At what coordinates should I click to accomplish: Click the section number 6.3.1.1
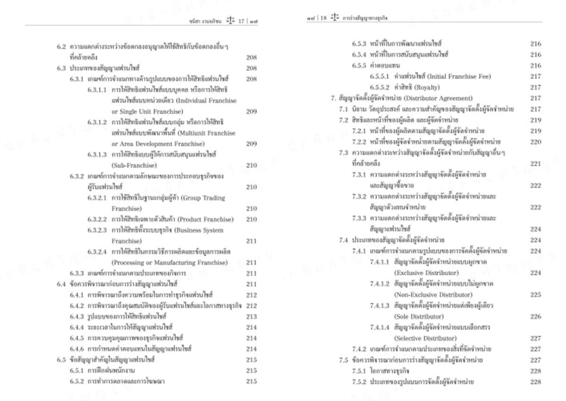(97, 90)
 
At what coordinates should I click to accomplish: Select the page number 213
(251, 317)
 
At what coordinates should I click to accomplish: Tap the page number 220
(535, 142)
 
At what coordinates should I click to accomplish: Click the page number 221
(535, 164)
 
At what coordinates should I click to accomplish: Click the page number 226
(535, 317)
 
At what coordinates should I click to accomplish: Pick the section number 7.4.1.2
(380, 284)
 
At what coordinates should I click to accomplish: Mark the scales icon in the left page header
(230, 21)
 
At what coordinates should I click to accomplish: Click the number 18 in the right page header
(323, 18)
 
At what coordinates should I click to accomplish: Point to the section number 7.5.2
(359, 382)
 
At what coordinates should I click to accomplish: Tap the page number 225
(535, 295)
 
